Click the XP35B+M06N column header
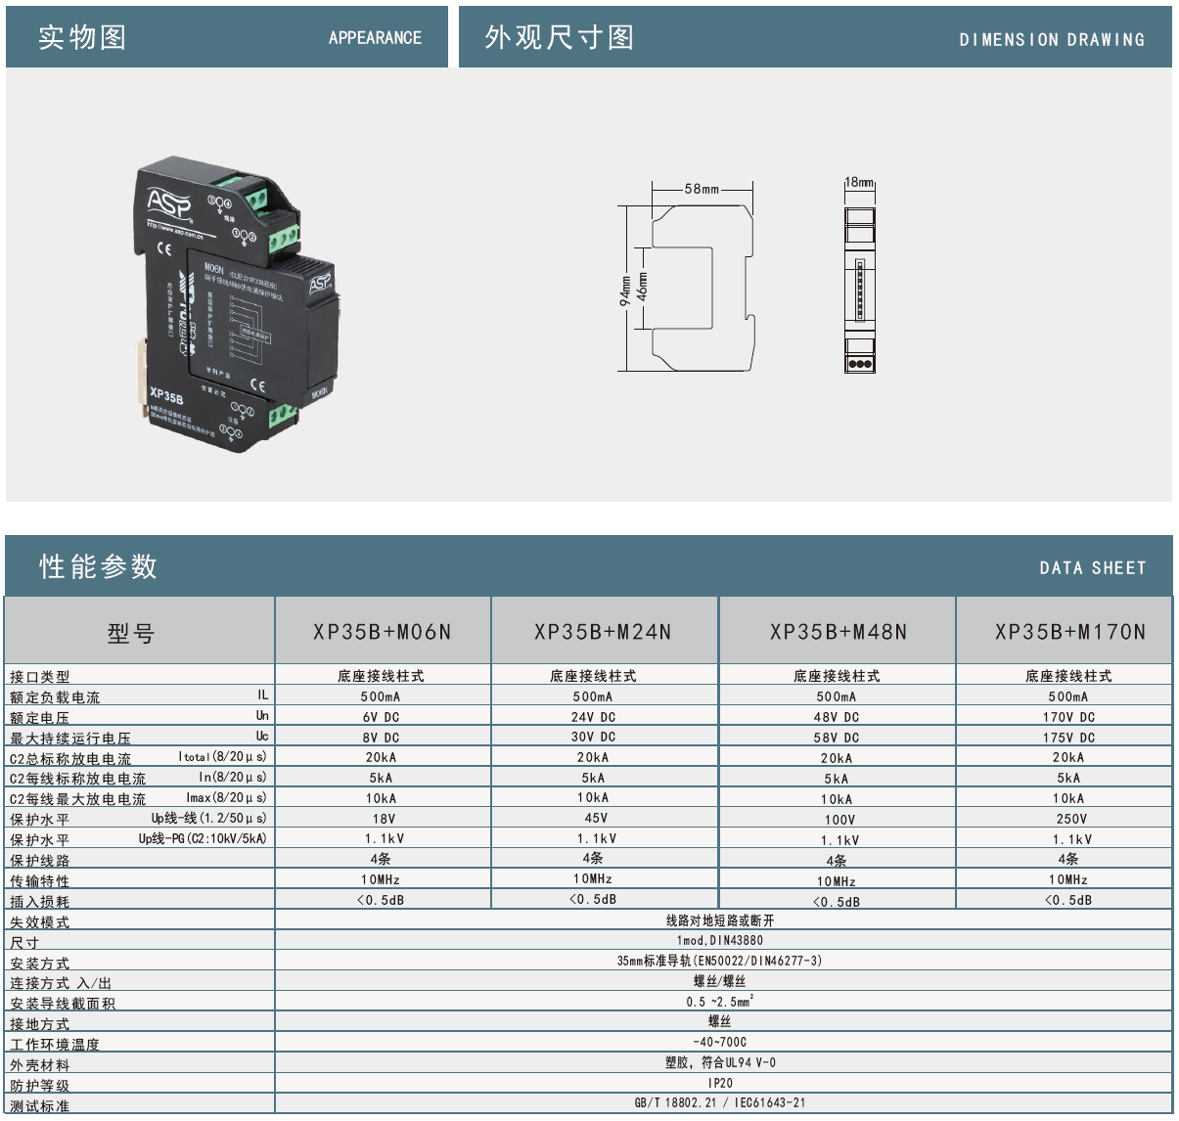pos(383,632)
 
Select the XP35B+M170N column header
pos(1069,632)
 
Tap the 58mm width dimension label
pos(702,189)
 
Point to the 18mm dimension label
pos(859,182)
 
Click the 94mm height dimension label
pos(625,291)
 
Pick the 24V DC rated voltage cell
pos(594,717)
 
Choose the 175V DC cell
pos(1068,738)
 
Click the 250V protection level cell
pos(1070,819)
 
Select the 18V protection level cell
pos(384,819)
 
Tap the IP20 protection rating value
pos(720,1083)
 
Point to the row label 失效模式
pos(40,922)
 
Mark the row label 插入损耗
pos(40,902)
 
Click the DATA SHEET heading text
pos(1092,568)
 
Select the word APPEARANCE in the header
pos(375,38)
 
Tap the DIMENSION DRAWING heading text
pos(1052,40)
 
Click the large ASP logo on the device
pos(169,203)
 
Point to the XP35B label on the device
pos(166,396)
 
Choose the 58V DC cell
pos(837,738)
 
